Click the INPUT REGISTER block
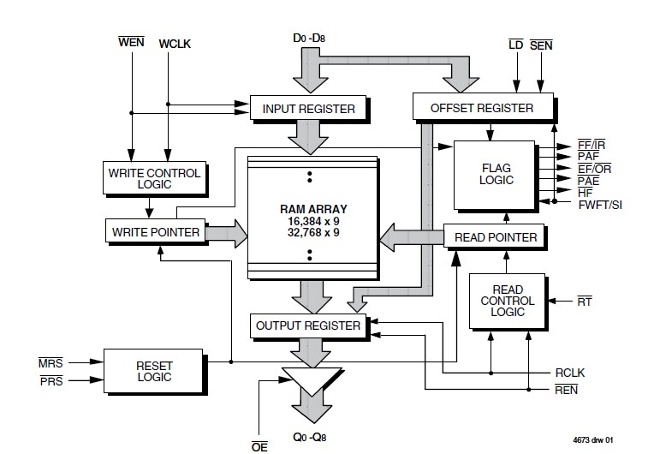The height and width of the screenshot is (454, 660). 308,109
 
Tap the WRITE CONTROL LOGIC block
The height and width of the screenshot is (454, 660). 154,178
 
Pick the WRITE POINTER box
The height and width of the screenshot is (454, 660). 154,231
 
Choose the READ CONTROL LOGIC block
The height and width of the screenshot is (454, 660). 508,301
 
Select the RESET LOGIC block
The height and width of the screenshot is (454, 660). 154,371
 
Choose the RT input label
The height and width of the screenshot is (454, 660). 585,301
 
